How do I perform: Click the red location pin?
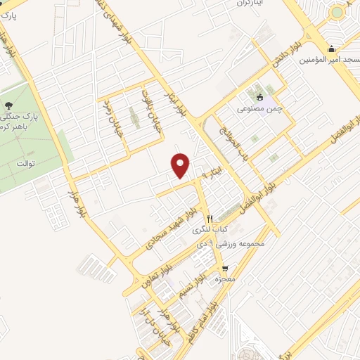pos(181,165)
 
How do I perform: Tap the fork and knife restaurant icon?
pos(209,219)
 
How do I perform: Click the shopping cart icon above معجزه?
pos(224,268)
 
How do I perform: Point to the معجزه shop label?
pos(224,279)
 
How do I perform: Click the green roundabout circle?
pos(337,11)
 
